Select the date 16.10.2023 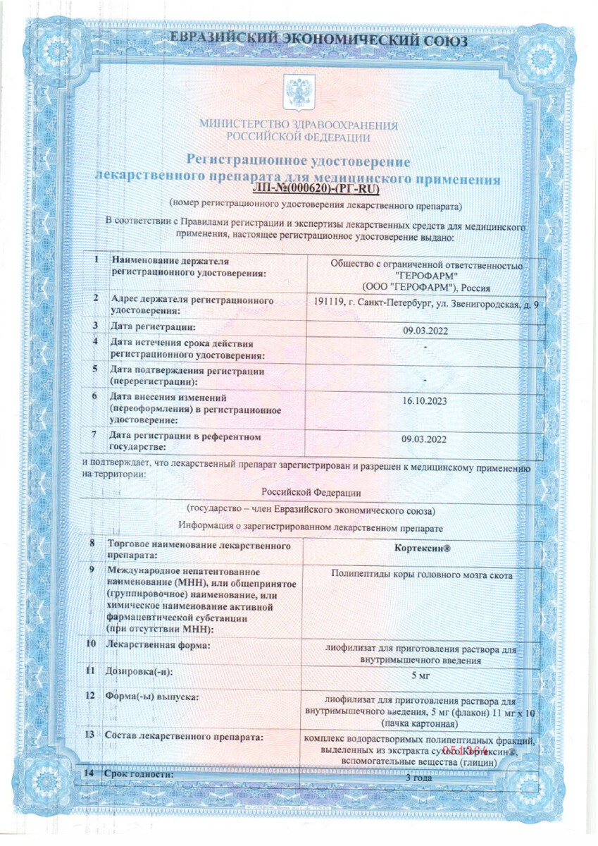pos(421,401)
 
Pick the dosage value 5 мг pos(421,675)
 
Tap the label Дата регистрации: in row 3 pos(152,326)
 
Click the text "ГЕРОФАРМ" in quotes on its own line pos(426,275)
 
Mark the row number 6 pos(94,396)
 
